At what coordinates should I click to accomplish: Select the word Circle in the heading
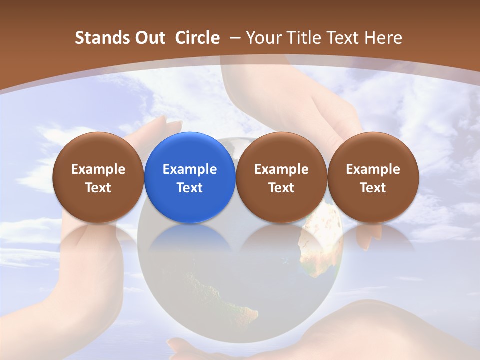(197, 38)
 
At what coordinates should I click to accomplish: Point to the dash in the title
(233, 38)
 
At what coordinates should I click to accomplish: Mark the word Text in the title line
(345, 38)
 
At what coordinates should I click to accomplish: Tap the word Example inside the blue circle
(190, 169)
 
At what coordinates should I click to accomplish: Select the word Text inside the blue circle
(190, 188)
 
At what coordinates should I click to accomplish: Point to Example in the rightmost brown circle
(373, 169)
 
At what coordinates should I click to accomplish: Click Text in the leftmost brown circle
(98, 188)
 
